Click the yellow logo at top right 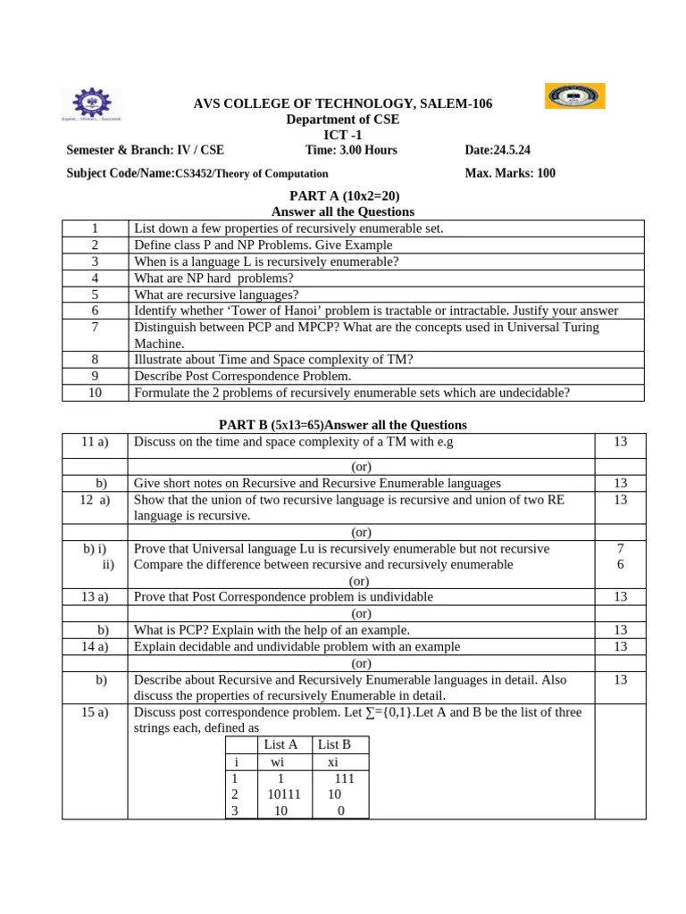tap(574, 96)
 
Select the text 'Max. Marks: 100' tap(510, 173)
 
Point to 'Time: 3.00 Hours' tap(351, 150)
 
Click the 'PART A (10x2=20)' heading tap(343, 195)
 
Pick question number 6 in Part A tap(95, 311)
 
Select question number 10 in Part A tap(95, 393)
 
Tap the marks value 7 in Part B tap(620, 548)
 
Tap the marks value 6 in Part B tap(620, 565)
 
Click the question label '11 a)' tap(94, 442)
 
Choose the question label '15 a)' tap(94, 712)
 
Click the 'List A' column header tap(280, 744)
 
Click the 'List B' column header tap(334, 744)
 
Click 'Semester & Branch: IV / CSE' tap(146, 150)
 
